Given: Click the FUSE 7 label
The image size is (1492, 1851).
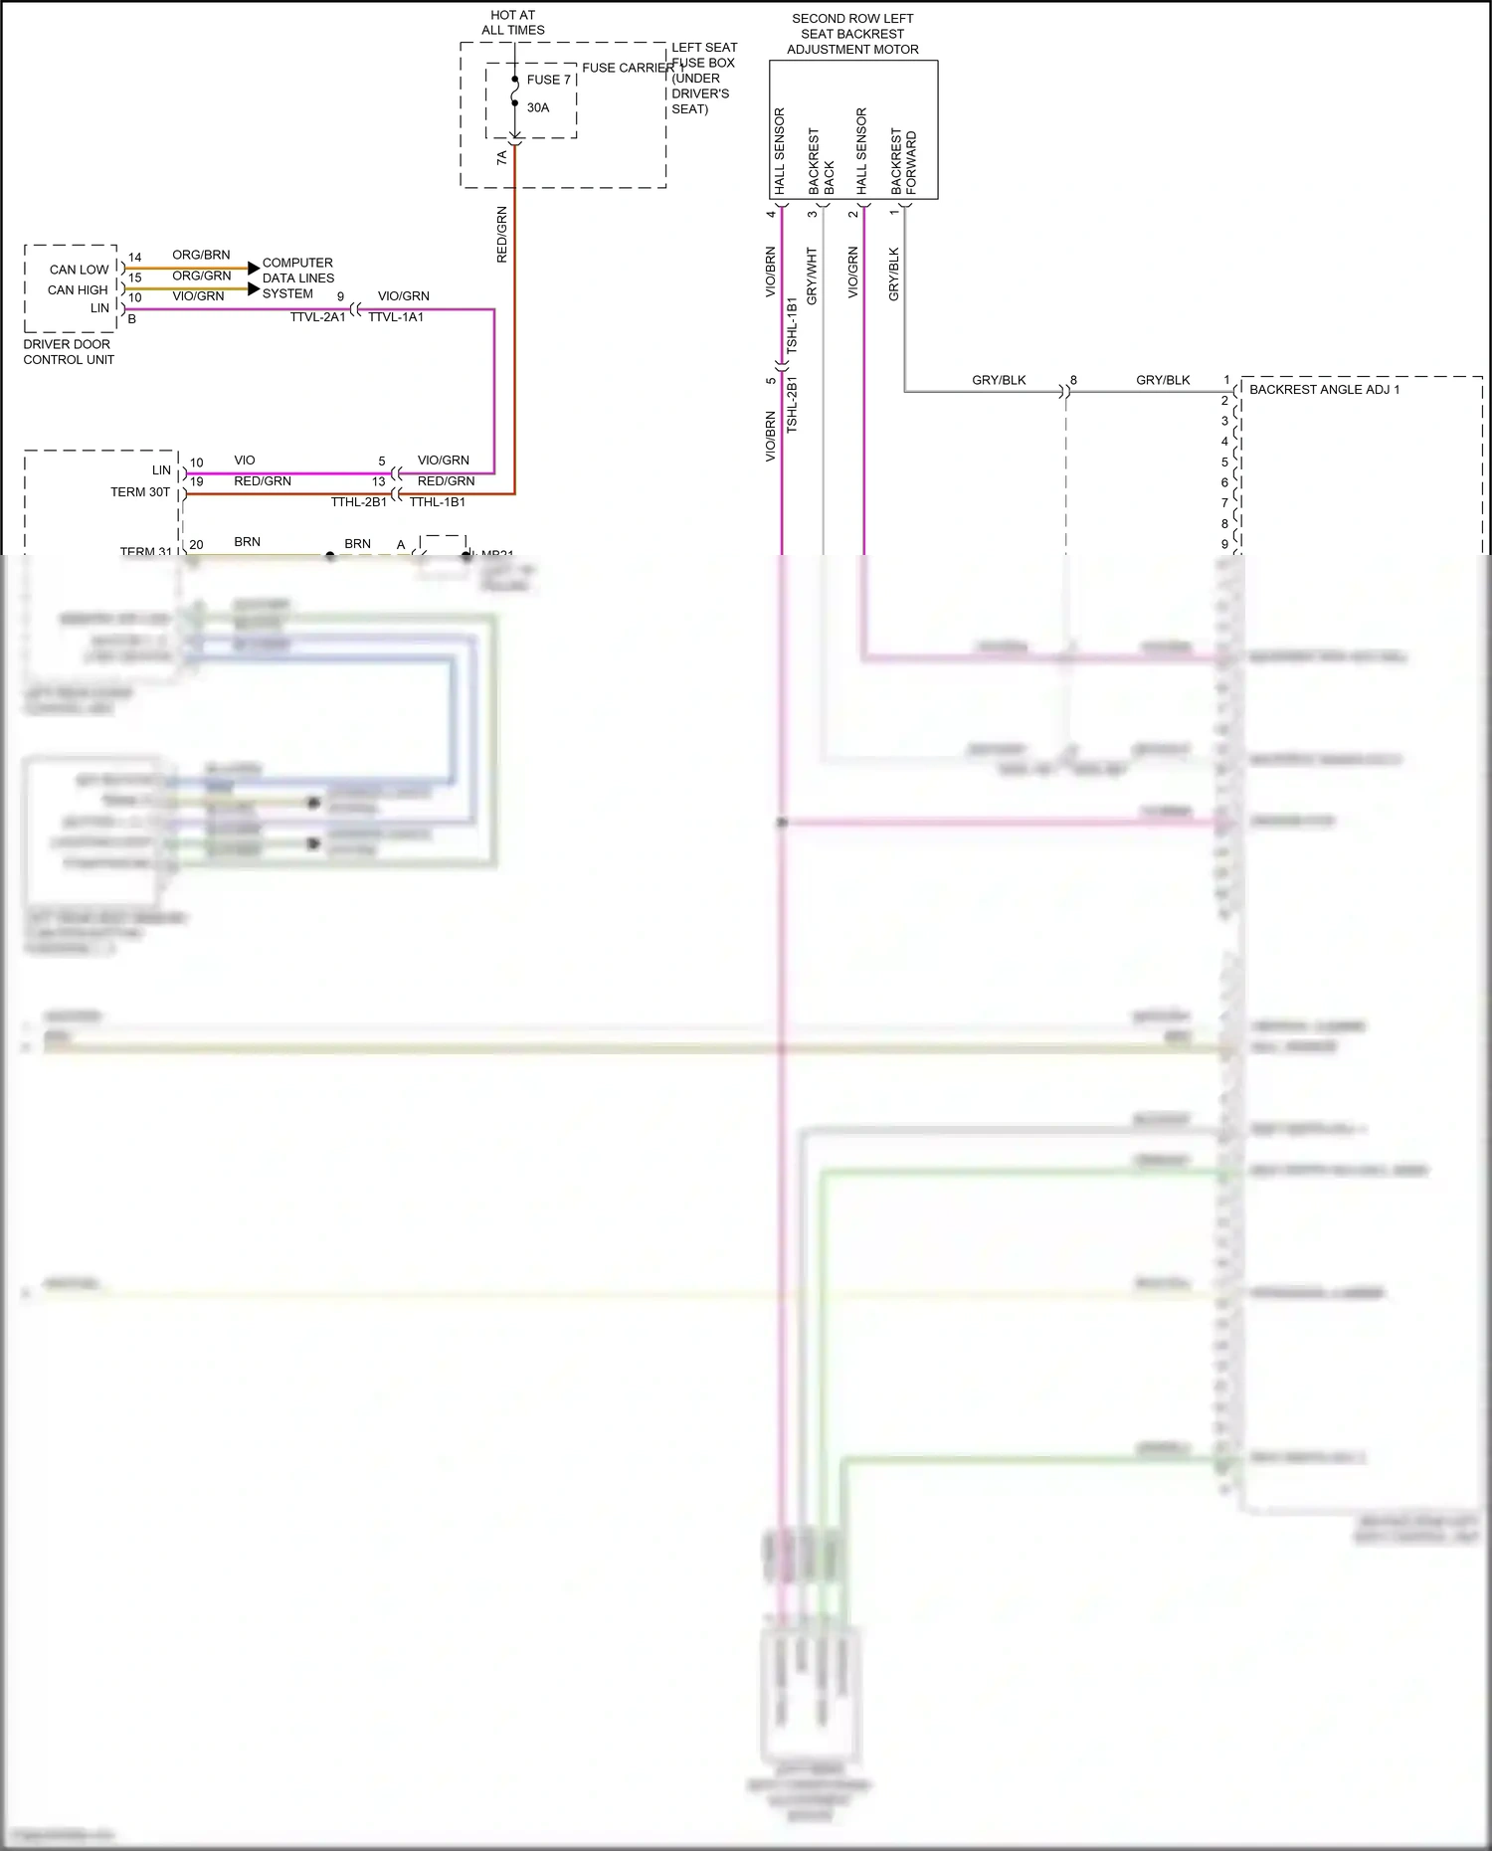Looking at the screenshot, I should (548, 80).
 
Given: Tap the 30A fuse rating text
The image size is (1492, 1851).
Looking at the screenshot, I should (538, 107).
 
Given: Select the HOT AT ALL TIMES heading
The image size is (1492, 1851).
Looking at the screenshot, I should (513, 23).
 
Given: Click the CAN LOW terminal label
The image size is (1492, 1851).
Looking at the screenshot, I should (79, 270).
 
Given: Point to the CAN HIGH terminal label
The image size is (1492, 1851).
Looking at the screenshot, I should (78, 289).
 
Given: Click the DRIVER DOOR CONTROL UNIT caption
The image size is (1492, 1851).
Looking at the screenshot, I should (68, 352).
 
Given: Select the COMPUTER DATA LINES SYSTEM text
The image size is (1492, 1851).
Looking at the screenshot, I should (298, 278).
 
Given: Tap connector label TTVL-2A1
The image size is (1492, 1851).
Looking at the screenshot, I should (317, 317).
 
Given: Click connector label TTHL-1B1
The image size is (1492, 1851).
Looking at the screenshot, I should (438, 502).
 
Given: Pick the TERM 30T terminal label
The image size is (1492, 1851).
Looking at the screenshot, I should (140, 492).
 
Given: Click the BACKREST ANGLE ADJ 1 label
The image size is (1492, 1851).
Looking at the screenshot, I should (1324, 389).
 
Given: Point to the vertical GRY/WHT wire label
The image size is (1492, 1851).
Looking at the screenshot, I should (812, 276).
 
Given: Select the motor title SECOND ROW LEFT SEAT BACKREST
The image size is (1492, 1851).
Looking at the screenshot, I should (852, 34).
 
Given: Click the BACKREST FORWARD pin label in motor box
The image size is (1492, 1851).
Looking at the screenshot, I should (904, 162).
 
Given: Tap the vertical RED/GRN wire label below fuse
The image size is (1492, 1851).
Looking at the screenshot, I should (502, 234).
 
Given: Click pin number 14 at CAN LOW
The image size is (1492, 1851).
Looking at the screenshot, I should (135, 258).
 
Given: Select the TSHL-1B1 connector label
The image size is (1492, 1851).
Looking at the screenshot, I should (793, 325).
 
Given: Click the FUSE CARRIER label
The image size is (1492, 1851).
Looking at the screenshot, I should (628, 68).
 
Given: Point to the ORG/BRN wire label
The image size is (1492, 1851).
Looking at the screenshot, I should (201, 255).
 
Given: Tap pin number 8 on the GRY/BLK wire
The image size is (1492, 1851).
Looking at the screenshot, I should (1073, 380).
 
